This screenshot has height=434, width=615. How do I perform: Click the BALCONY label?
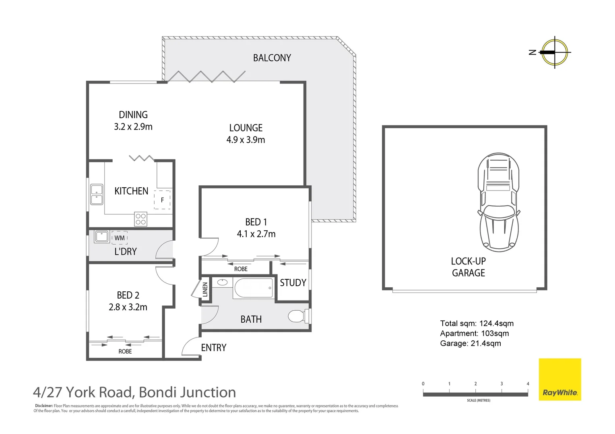click(272, 58)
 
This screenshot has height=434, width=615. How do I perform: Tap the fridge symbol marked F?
click(162, 200)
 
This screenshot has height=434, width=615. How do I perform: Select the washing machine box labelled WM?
click(120, 238)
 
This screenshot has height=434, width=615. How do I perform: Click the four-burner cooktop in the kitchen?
click(141, 219)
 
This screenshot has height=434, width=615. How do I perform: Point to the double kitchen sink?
click(97, 194)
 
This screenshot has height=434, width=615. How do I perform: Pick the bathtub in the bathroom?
click(253, 288)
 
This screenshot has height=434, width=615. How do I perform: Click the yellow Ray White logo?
click(560, 379)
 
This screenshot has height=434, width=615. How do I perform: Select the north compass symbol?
click(554, 52)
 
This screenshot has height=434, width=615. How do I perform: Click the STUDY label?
click(293, 283)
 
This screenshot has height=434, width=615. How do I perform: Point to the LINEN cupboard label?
click(205, 289)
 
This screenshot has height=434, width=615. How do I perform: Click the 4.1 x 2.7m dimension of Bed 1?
click(256, 234)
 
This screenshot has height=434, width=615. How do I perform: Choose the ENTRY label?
click(214, 348)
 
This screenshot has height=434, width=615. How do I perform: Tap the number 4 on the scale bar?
click(528, 384)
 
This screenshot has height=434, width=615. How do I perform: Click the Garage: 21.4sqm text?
click(471, 343)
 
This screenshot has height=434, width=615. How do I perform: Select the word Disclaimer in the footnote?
click(44, 406)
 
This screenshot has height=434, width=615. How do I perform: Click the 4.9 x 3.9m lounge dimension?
click(246, 140)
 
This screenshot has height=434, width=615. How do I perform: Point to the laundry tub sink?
click(102, 237)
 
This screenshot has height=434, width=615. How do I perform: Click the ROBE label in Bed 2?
click(125, 351)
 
